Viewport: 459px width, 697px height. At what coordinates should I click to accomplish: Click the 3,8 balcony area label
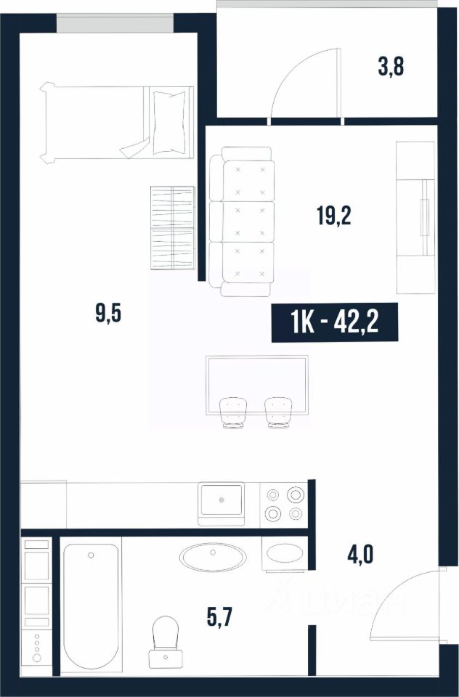click(391, 68)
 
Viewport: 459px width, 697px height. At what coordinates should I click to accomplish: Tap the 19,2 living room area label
click(334, 216)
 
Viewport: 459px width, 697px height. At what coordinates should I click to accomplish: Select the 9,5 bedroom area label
click(108, 314)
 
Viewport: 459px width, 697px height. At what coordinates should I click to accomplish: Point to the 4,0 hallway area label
click(360, 555)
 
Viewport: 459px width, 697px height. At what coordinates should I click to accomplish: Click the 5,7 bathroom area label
click(220, 617)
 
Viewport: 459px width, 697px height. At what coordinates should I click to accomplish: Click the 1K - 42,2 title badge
click(335, 323)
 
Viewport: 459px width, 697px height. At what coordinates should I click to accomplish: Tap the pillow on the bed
click(169, 122)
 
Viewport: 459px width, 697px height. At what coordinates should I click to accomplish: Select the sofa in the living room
click(241, 221)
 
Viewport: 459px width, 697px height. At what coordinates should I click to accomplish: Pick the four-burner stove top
click(284, 504)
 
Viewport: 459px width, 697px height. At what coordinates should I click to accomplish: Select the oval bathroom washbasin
click(213, 557)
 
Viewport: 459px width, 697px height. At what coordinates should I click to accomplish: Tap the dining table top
click(256, 385)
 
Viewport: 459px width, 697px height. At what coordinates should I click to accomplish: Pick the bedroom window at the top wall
click(115, 23)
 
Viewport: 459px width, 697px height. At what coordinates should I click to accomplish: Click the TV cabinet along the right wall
click(415, 218)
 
